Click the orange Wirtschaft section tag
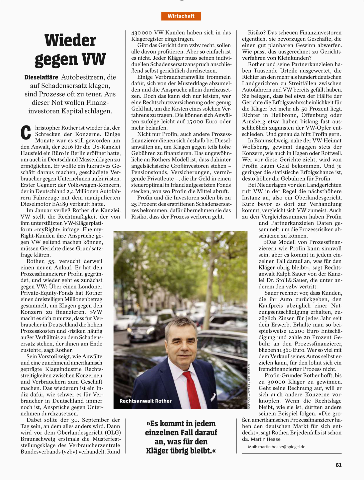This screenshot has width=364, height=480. (181, 16)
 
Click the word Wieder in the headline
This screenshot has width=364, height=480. (70, 40)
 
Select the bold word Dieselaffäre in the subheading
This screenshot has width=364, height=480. (41, 77)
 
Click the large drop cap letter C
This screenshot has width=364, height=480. (26, 132)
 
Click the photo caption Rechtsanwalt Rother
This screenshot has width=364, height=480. (145, 401)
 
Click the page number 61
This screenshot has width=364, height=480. (338, 465)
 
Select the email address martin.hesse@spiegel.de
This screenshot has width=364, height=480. (281, 447)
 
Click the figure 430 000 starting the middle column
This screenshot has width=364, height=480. (142, 32)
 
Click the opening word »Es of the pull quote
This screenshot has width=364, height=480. (152, 423)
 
